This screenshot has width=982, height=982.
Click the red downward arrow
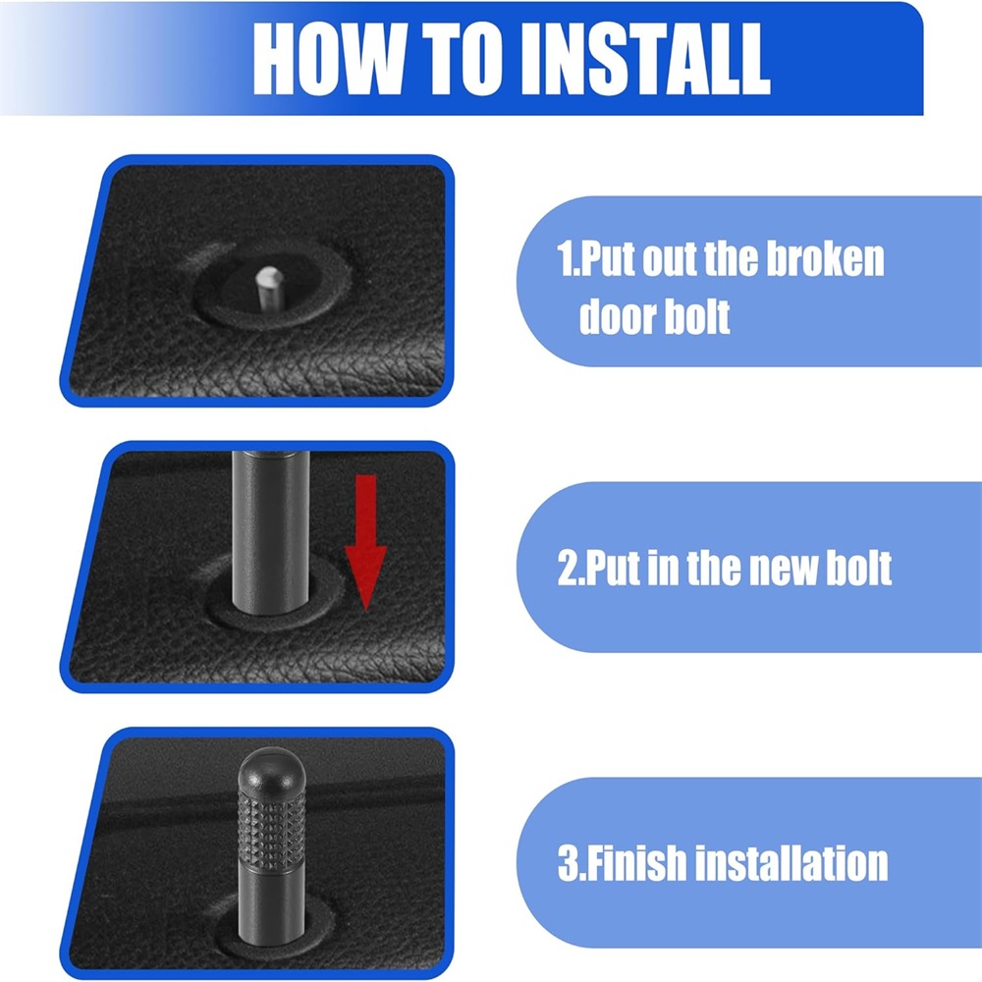(x=365, y=542)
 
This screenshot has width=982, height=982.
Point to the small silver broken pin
(x=269, y=287)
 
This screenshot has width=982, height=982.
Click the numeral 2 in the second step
(x=568, y=568)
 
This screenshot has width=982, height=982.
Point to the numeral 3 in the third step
(x=568, y=863)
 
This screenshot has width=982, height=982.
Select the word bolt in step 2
(x=859, y=568)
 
